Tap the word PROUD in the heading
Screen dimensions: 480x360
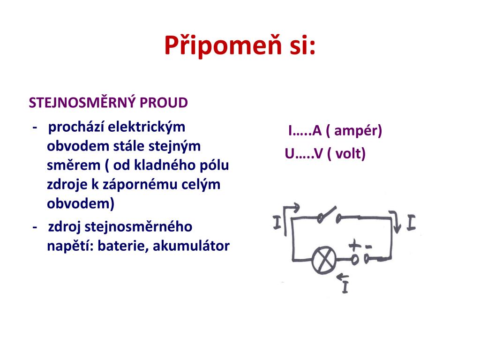(x=164, y=103)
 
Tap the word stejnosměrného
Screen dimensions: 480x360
(x=138, y=227)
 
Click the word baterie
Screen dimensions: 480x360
(x=123, y=246)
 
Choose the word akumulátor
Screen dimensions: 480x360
(x=191, y=246)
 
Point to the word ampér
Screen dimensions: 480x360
(x=356, y=131)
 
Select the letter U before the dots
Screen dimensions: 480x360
(x=290, y=154)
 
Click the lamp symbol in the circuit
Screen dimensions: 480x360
(x=324, y=260)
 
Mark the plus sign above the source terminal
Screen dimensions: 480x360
(x=355, y=245)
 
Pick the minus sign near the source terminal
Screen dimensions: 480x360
(x=368, y=247)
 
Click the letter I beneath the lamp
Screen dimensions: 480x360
(x=345, y=287)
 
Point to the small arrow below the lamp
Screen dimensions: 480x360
(x=342, y=277)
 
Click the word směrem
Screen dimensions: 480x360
(x=74, y=165)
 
